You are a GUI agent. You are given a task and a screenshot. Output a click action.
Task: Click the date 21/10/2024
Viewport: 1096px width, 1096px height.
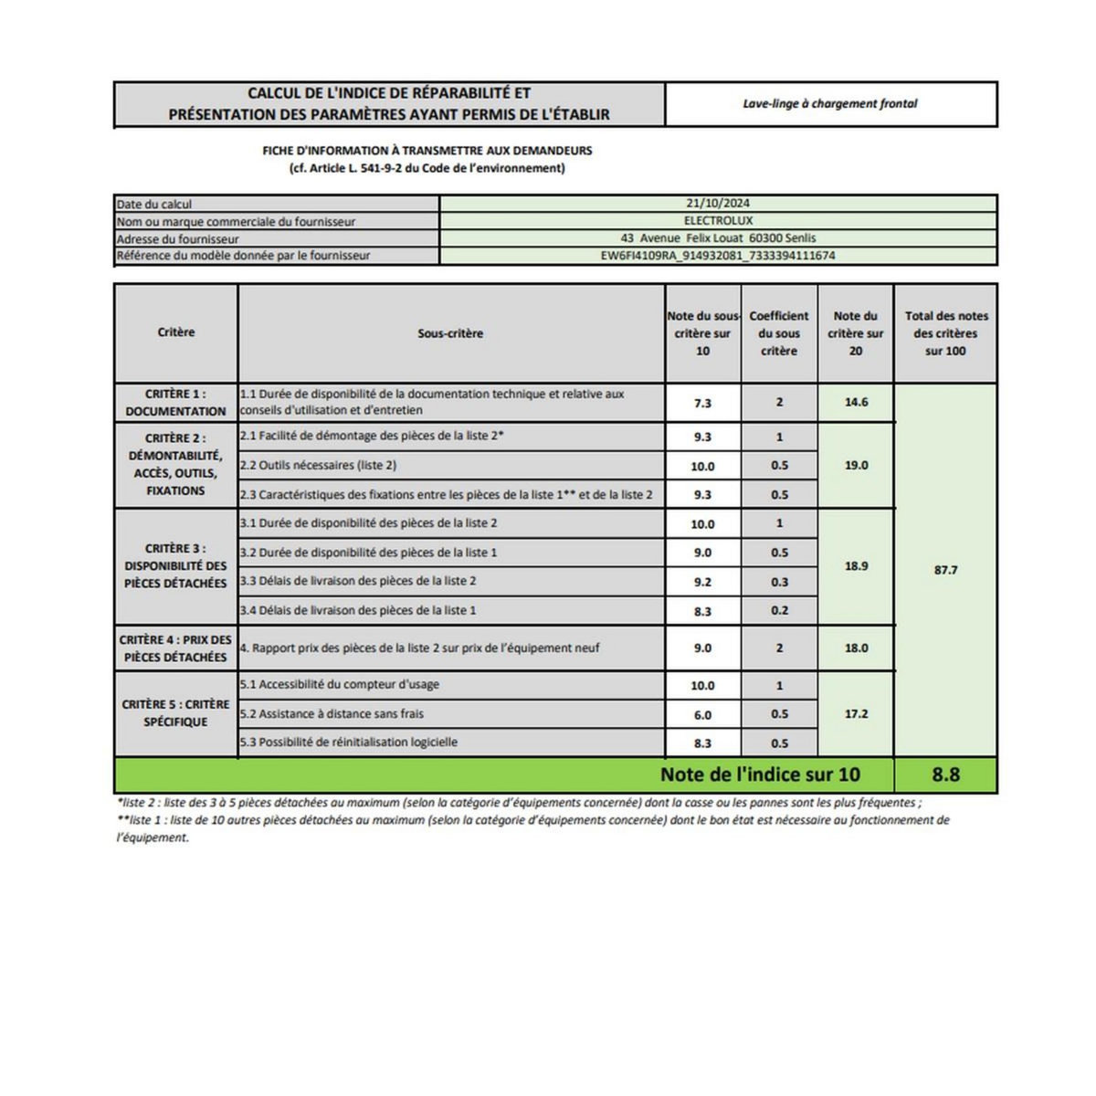point(718,204)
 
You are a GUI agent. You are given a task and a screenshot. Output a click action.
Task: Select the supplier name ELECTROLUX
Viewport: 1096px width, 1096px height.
point(718,221)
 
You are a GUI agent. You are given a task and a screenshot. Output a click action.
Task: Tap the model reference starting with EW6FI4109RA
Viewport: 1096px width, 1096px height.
point(718,256)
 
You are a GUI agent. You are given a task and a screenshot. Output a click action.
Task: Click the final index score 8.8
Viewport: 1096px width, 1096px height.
point(945,775)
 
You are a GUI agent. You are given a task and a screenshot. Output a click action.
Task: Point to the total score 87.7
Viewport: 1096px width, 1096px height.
point(945,570)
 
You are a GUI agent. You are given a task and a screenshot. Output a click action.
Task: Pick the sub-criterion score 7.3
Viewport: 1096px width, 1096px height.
point(702,403)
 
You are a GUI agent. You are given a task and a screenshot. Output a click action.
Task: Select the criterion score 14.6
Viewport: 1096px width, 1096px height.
point(856,402)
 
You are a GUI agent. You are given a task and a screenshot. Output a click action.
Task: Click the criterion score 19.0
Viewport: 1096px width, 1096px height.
point(856,465)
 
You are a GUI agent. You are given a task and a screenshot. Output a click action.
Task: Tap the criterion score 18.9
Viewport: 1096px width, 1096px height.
point(856,566)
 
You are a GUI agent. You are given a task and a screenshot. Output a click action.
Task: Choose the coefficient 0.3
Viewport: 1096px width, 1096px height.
point(779,582)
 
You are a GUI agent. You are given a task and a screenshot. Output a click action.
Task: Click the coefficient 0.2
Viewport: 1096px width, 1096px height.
point(779,610)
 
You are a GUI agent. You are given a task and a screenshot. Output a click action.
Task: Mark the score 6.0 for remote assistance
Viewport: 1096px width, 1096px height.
point(702,715)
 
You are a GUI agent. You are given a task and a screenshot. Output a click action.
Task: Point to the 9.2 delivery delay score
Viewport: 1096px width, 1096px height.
point(702,582)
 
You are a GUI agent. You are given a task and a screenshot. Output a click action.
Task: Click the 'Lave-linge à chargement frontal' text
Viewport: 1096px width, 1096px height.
point(829,104)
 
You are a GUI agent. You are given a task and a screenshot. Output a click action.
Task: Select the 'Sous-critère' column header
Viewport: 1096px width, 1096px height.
point(450,333)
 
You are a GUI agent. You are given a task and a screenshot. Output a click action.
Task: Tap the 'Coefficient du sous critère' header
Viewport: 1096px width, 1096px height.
point(779,333)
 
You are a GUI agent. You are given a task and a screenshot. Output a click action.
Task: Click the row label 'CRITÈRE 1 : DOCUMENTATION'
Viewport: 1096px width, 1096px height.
point(175,403)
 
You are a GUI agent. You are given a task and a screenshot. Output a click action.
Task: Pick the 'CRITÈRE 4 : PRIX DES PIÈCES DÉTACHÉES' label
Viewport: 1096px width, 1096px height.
point(175,648)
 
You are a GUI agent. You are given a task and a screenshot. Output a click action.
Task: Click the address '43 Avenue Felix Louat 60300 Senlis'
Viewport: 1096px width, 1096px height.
point(718,238)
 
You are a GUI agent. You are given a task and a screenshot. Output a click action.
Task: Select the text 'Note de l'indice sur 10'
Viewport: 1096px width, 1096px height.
point(760,775)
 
